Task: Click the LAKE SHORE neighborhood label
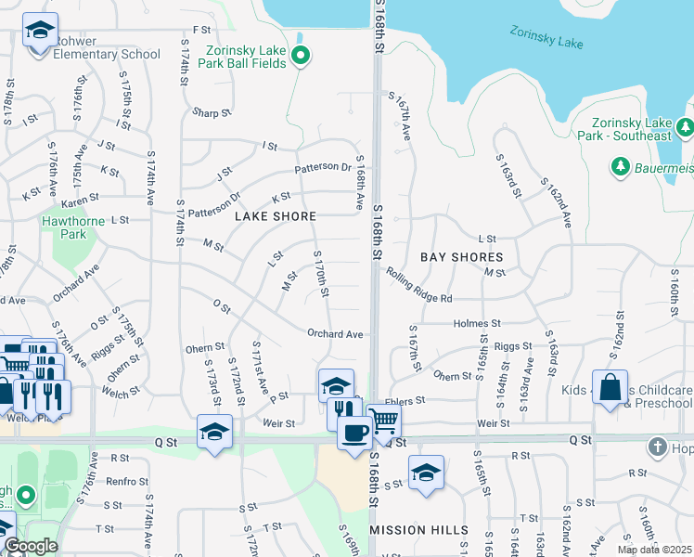click(x=276, y=216)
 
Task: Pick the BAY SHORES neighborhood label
click(x=461, y=256)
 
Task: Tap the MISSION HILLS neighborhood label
click(x=418, y=529)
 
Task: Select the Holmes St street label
click(x=477, y=323)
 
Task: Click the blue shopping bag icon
click(x=611, y=389)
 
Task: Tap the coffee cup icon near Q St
click(x=353, y=433)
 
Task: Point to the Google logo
click(x=31, y=546)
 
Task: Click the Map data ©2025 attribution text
click(x=655, y=550)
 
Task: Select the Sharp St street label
click(x=212, y=113)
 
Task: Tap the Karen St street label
click(x=80, y=202)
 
